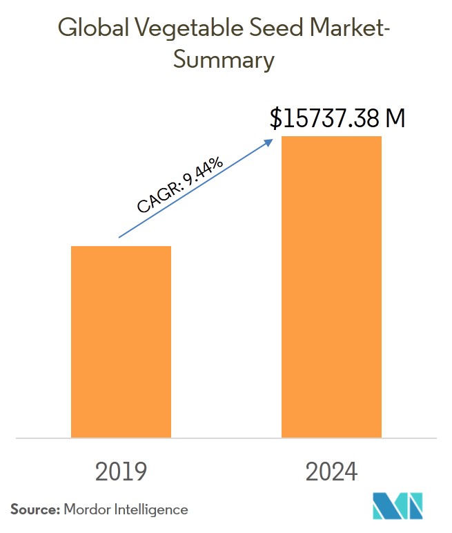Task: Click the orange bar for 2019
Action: point(121,342)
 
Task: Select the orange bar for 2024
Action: point(331,286)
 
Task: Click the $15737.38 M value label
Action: point(337,119)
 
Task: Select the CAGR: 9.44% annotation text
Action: point(180,185)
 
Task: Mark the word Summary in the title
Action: point(224,60)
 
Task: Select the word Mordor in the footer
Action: point(86,509)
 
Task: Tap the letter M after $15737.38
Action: point(395,119)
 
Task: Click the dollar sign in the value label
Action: point(276,119)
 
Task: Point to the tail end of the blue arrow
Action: point(120,237)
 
